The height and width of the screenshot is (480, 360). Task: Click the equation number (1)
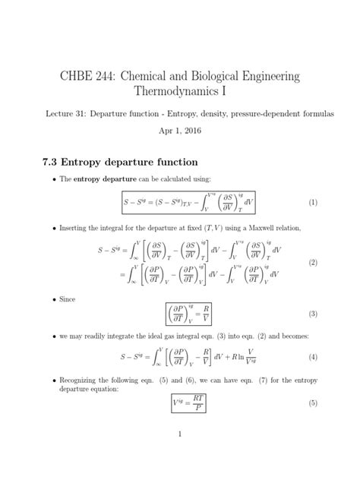coord(311,203)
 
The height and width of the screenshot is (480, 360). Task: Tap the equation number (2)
coord(311,262)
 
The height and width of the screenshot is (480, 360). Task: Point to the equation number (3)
coord(311,313)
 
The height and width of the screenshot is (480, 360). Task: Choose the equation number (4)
coord(311,357)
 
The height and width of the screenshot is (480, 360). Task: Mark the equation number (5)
coord(311,403)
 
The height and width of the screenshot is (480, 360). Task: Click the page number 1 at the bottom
coord(179,456)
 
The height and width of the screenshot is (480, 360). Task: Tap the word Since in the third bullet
coord(69,299)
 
